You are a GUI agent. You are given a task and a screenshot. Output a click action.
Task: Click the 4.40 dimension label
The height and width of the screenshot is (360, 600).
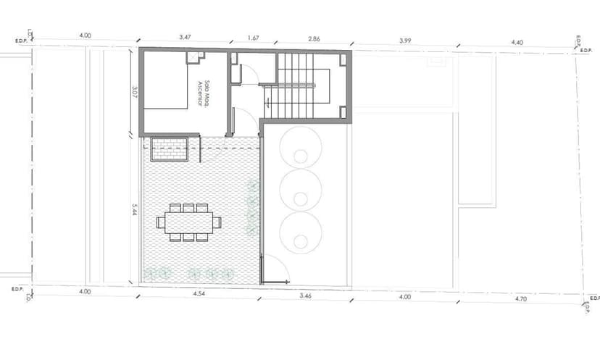[x=517, y=43]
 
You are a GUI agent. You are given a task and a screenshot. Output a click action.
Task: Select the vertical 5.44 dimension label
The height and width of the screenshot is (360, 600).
[x=134, y=210]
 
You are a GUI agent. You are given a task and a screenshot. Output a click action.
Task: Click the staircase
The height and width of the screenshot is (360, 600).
[x=304, y=85]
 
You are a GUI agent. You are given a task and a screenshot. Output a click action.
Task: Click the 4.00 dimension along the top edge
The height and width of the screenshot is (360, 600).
[x=86, y=35]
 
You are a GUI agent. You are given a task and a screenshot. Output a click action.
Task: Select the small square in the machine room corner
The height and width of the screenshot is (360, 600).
[x=192, y=58]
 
